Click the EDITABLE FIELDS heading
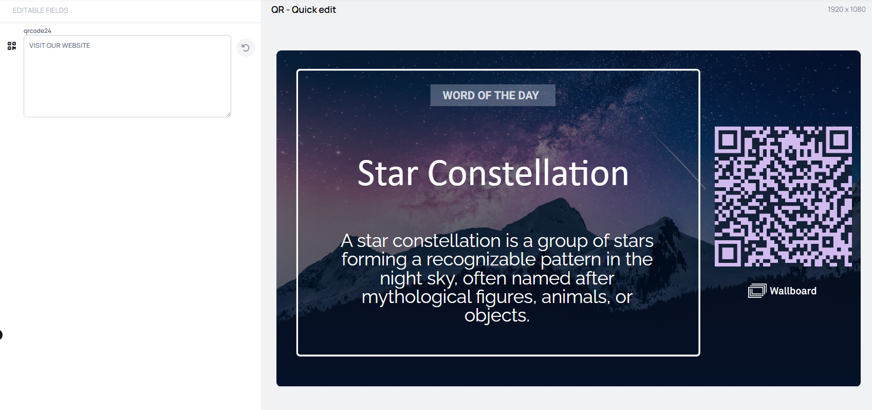(41, 10)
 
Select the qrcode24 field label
(38, 31)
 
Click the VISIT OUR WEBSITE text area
(127, 76)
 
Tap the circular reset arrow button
(246, 48)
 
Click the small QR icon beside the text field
(12, 46)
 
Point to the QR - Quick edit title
(303, 10)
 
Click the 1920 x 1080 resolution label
(846, 9)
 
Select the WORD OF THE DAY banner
(492, 95)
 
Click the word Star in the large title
(388, 173)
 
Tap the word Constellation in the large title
(528, 173)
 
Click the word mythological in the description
(416, 297)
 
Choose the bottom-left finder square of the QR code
(728, 253)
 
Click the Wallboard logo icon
(757, 291)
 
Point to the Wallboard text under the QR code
(793, 291)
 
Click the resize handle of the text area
(229, 114)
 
